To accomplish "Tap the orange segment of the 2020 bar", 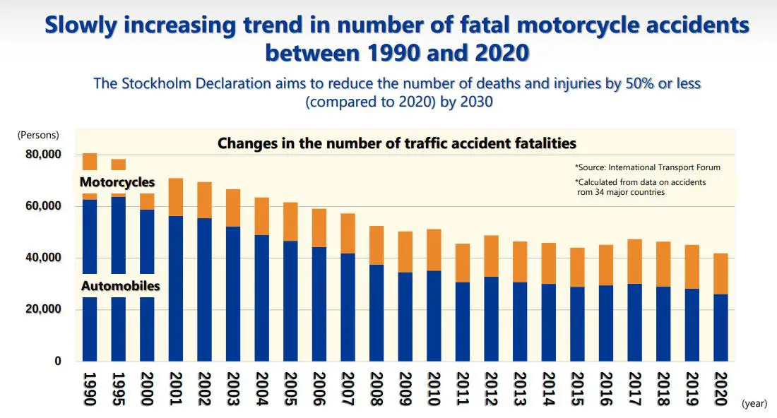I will point(720,273).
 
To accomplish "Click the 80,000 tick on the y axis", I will point(42,155).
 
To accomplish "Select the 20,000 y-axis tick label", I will point(42,309).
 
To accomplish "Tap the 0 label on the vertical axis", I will point(59,362).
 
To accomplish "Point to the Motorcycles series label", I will point(117,183).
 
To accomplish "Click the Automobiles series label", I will point(120,286).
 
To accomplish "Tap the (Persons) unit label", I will point(38,135).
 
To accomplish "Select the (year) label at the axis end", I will point(754,404).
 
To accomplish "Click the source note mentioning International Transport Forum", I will point(647,167).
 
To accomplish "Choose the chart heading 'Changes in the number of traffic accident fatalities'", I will point(396,143).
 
